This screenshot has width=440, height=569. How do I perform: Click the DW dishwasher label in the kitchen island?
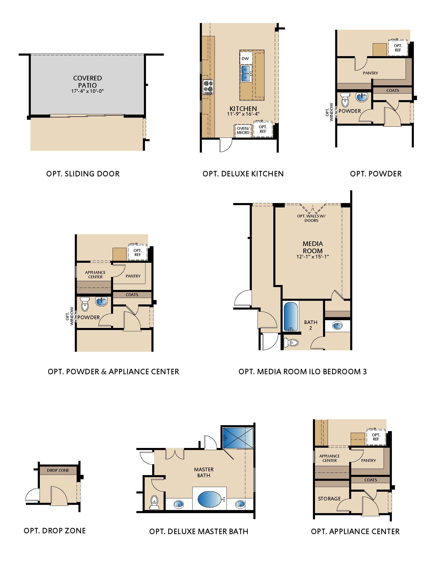point(245,59)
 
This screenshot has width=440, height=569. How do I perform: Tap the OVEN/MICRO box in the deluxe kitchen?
point(243,130)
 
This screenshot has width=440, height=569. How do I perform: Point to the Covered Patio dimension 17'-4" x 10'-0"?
point(87,91)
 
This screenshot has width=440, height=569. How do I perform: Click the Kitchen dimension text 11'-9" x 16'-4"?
point(243,114)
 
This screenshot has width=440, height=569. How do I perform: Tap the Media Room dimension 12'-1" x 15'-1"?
point(313,257)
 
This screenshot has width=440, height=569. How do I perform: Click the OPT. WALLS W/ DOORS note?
point(311,218)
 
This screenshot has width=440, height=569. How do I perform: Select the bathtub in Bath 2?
point(291,317)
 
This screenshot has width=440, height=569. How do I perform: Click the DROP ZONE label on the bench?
point(58,470)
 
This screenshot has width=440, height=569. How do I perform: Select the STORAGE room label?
point(329,499)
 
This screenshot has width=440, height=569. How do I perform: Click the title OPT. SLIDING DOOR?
point(83,174)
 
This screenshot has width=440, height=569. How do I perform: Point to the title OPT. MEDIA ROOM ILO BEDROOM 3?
point(303,371)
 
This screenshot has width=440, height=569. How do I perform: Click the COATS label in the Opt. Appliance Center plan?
point(371,480)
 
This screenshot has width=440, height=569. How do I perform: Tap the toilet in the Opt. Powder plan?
point(345,100)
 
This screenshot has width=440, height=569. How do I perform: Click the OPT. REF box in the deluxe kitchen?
point(263,129)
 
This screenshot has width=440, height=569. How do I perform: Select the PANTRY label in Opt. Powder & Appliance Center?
point(133,276)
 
